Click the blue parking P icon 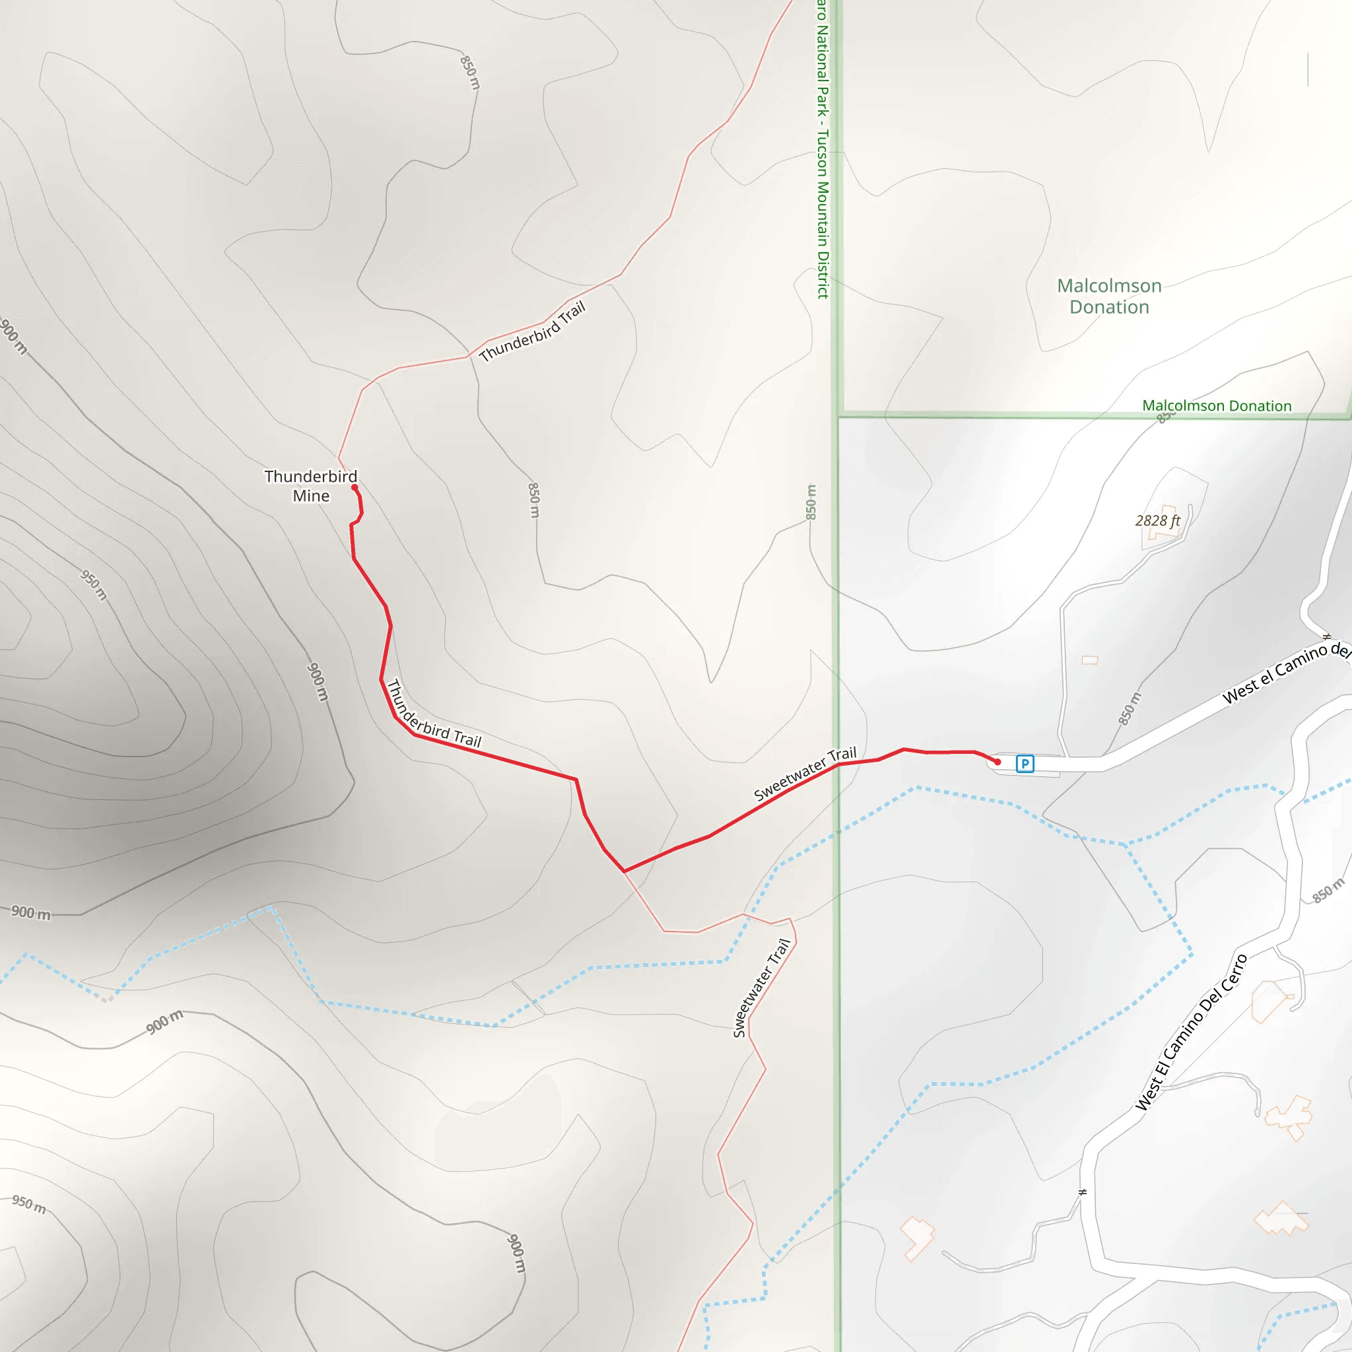coord(1025,764)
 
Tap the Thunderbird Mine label coord(311,486)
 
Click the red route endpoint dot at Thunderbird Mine coord(355,487)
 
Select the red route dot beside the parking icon coord(997,762)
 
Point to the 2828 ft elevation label coord(1157,521)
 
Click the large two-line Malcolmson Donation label coord(1109,296)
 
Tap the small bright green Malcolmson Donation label coord(1216,406)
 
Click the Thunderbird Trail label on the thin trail coord(532,331)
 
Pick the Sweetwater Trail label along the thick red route coord(805,774)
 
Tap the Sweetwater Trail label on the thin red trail coord(761,988)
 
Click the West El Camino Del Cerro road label coord(1191,1032)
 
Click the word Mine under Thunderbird coord(311,496)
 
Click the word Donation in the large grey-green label coord(1109,307)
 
